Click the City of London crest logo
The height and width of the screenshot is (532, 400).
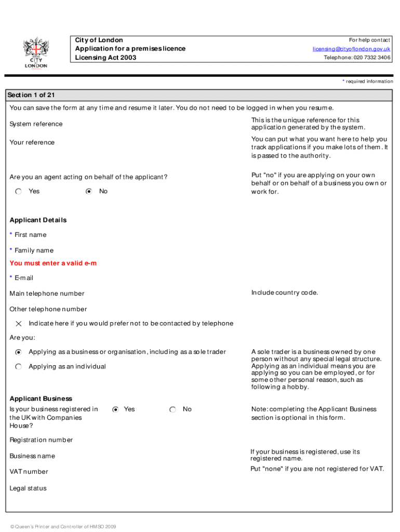point(35,52)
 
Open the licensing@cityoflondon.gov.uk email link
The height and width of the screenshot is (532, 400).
point(351,49)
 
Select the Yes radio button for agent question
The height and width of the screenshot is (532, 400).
point(19,191)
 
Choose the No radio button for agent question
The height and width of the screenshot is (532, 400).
point(89,191)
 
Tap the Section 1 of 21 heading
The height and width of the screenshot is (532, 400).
point(31,95)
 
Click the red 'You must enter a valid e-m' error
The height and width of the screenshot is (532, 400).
point(53,263)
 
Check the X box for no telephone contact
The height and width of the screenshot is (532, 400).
point(19,323)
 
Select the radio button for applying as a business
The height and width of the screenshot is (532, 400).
point(19,352)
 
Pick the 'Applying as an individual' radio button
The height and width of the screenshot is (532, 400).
point(19,366)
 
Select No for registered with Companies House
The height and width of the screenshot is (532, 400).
point(172,409)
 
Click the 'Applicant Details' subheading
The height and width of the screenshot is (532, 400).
point(38,220)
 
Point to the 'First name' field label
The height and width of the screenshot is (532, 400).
point(30,235)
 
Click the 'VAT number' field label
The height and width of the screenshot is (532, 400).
point(29,472)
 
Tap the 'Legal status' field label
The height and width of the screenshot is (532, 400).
point(28,488)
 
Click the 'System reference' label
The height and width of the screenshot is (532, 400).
point(36,124)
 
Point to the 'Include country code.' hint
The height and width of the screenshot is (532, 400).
point(285,292)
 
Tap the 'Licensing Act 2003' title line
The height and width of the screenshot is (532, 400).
point(106,58)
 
